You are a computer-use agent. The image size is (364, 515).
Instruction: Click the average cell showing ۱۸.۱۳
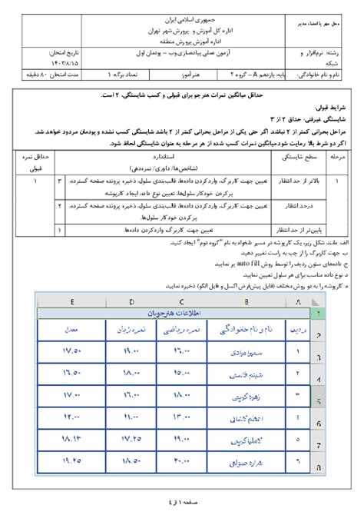[x=71, y=440]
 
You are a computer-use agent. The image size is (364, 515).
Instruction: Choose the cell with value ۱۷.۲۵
[x=131, y=440]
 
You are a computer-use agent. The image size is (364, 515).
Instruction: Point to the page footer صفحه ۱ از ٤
[x=182, y=503]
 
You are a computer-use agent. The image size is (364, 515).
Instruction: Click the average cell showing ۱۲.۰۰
[x=71, y=417]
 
